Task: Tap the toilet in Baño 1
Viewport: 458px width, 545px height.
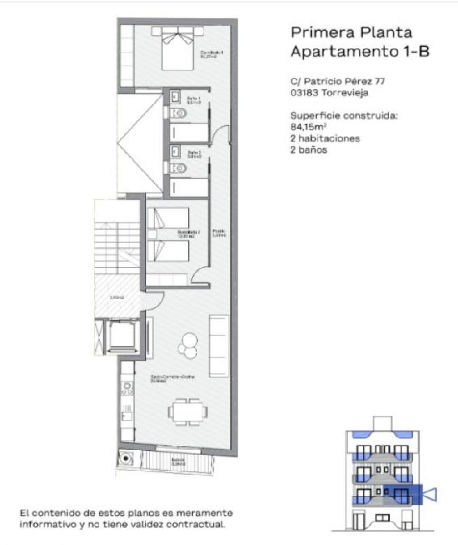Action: coord(179,113)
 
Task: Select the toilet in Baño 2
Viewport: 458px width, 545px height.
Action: coord(179,168)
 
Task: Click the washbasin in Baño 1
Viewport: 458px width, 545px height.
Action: coord(175,97)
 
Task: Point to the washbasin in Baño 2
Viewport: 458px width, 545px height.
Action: coord(175,152)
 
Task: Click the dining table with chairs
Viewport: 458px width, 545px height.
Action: coord(187,411)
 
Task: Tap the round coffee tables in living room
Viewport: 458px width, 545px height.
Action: coord(188,345)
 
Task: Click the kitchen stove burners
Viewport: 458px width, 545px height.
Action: coord(128,388)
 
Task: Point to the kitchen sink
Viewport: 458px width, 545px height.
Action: coord(127,413)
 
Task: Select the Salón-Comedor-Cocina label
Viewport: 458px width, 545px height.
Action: coord(173,378)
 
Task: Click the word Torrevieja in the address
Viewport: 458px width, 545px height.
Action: coord(345,93)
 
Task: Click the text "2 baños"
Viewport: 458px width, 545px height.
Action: coord(308,150)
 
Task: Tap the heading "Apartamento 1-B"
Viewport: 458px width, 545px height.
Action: coord(360,51)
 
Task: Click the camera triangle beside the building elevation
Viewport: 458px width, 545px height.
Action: coord(430,495)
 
